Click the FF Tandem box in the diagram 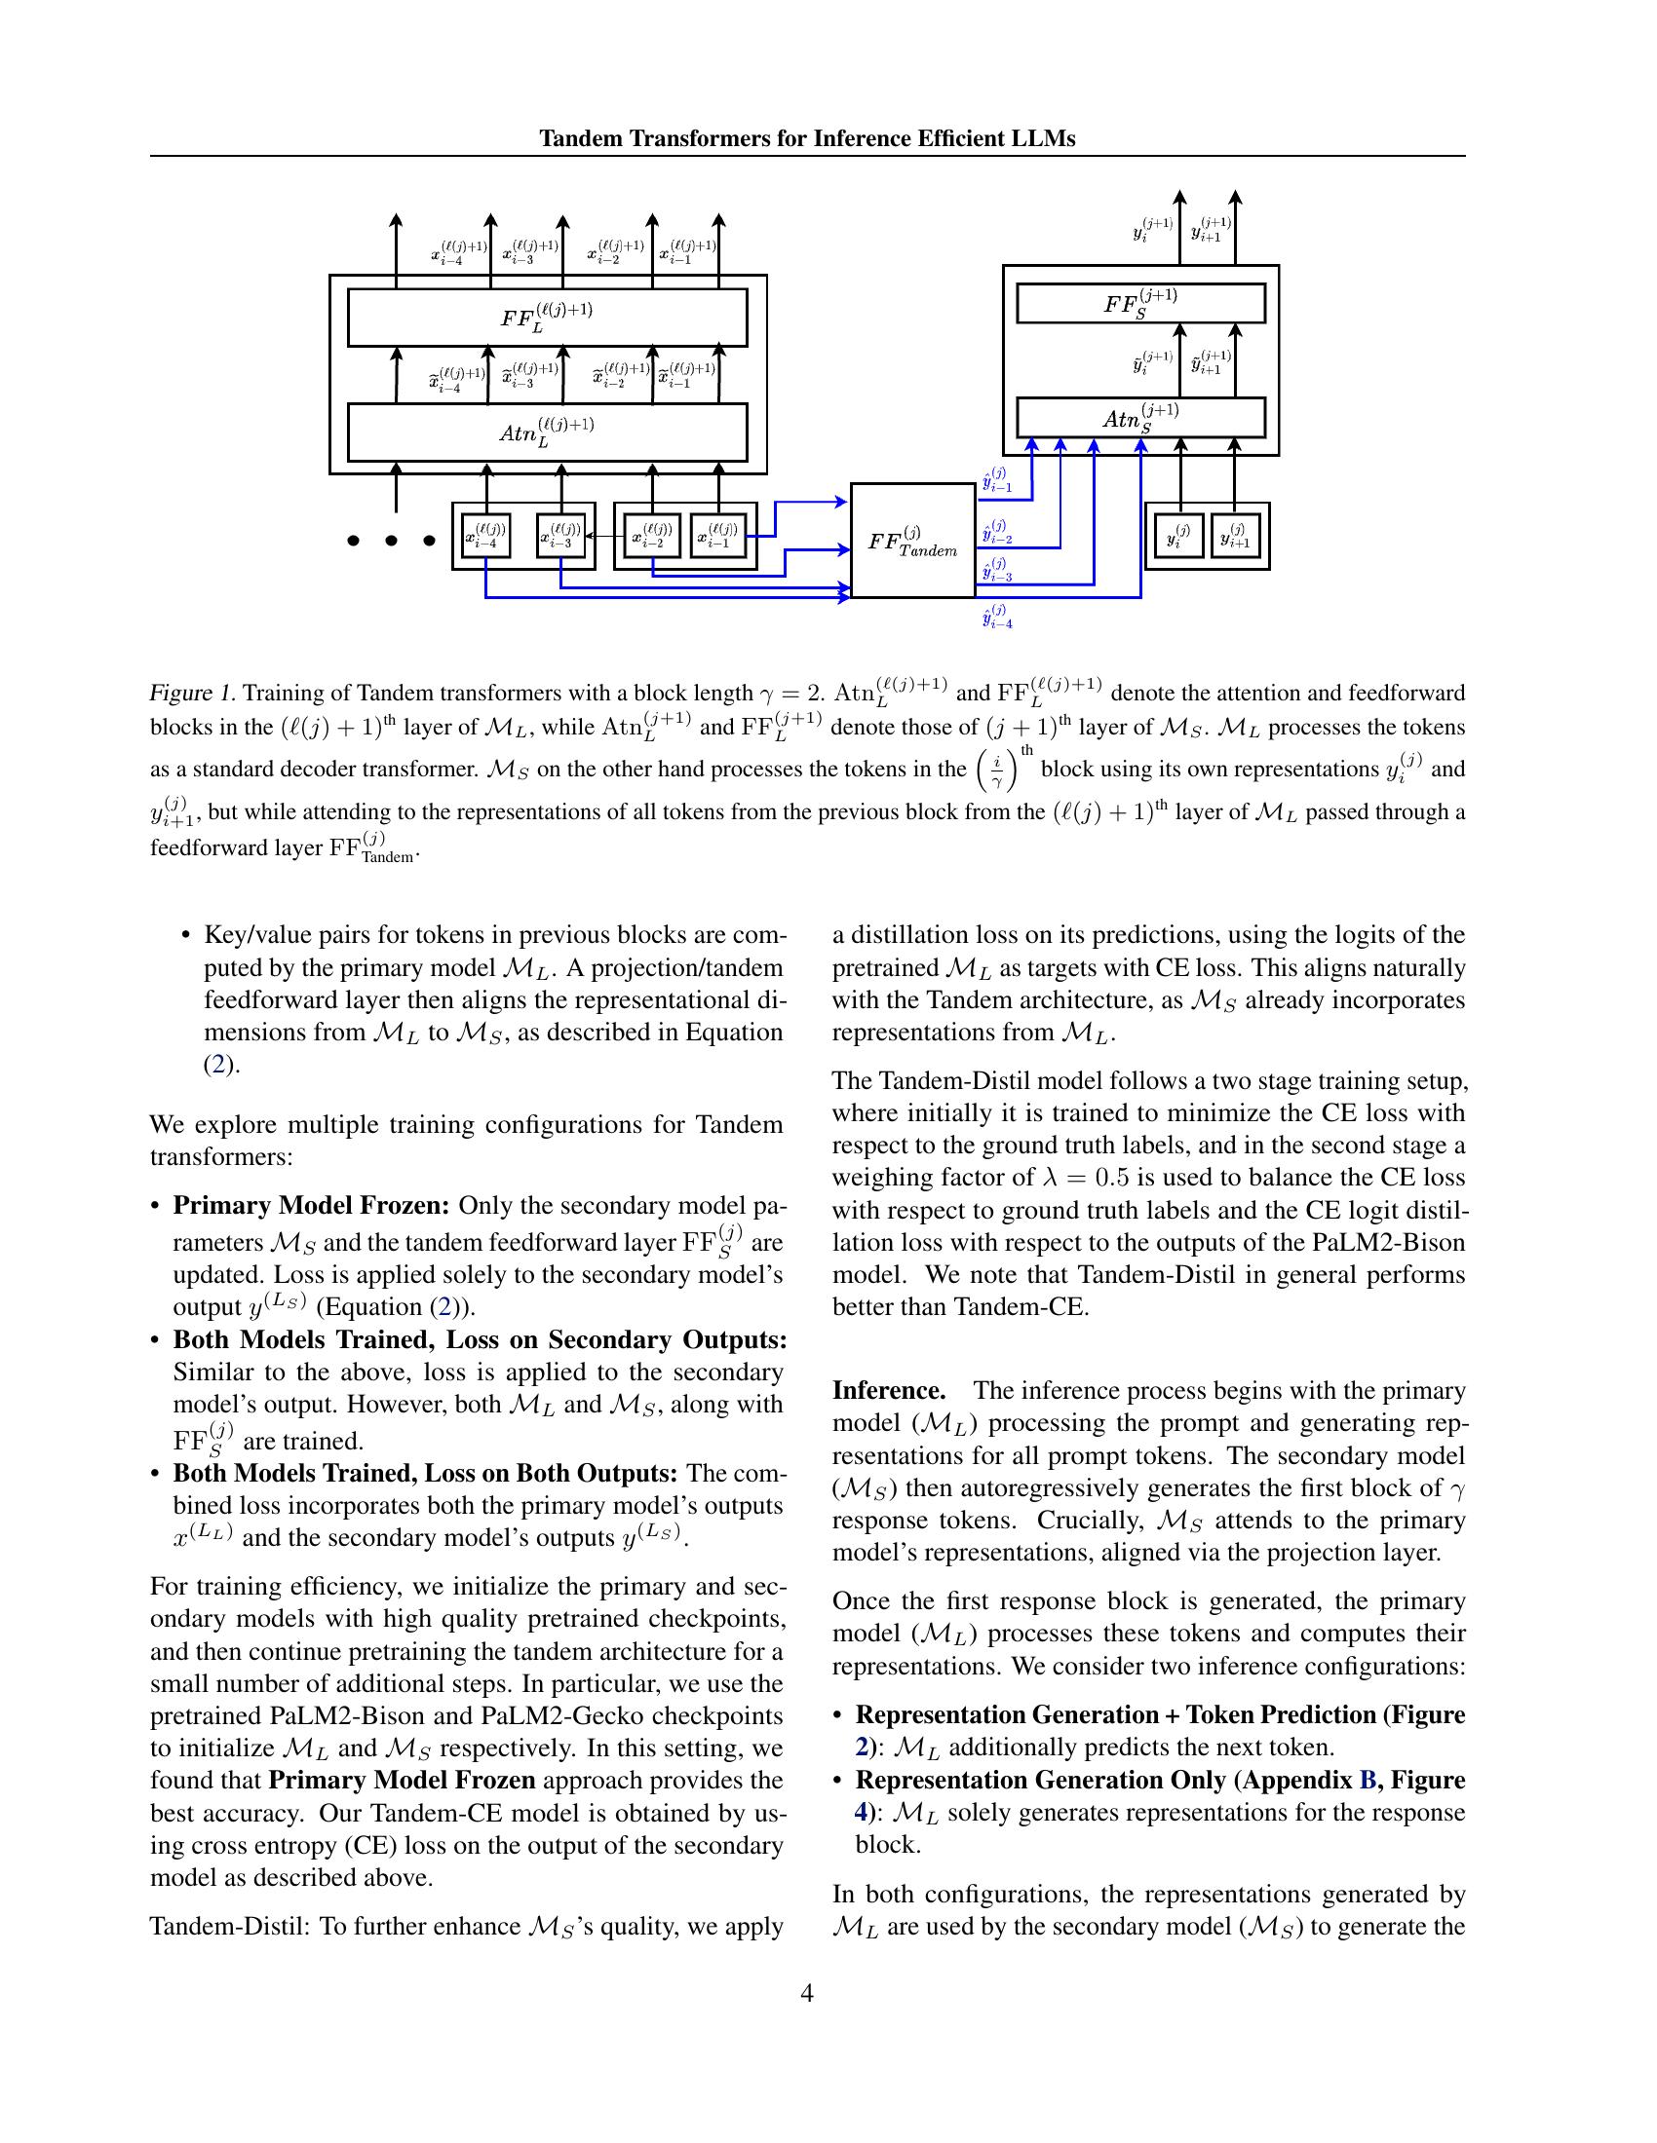point(912,541)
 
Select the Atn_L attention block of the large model point(547,432)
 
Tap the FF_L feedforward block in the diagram point(547,317)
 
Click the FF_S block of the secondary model point(1139,303)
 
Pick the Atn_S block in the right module point(1139,419)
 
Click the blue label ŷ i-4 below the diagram point(997,618)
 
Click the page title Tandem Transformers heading point(807,138)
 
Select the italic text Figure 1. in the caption point(192,694)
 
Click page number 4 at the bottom point(807,1993)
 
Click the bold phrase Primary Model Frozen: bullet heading point(311,1205)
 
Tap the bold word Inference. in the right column point(888,1390)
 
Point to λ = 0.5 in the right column point(1081,1178)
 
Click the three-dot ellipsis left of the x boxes point(391,540)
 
